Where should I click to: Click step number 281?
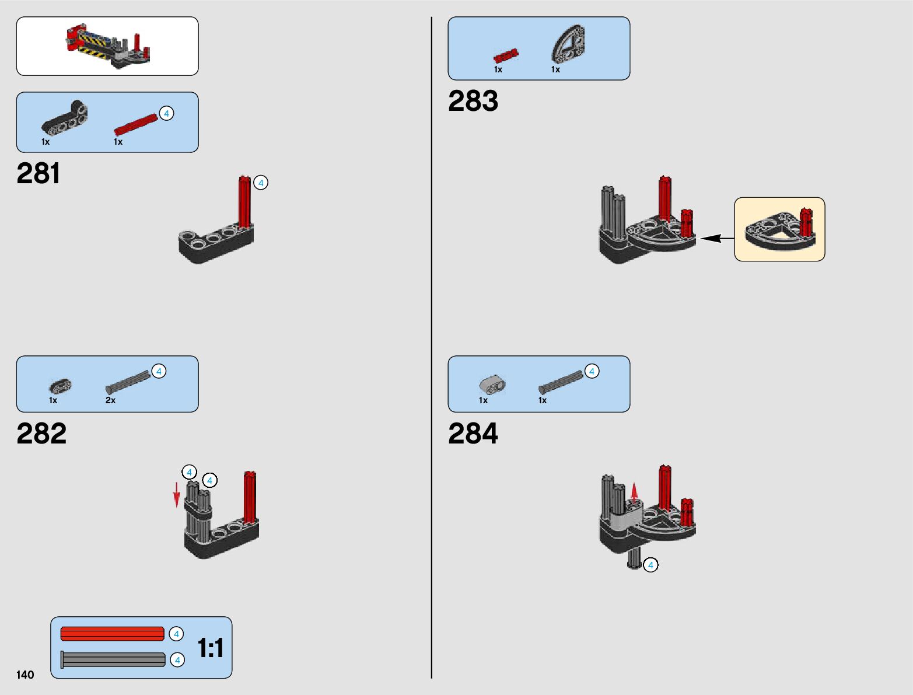tap(39, 174)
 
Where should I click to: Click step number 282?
tap(41, 434)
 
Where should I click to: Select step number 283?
tap(473, 101)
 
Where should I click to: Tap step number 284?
tap(473, 434)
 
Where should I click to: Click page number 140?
tap(25, 675)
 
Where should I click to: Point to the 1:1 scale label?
tap(210, 648)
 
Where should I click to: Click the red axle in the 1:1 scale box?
tap(112, 634)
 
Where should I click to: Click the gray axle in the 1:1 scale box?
tap(113, 660)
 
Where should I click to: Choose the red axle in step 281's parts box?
tap(136, 123)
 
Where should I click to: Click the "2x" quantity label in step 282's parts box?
tap(110, 400)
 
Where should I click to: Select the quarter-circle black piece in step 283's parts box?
tap(568, 44)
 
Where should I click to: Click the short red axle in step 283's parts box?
tap(506, 56)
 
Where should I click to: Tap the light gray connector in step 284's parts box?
tap(492, 384)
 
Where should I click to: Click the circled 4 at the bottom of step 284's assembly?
tap(650, 565)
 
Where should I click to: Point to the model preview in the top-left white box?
tap(108, 46)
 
